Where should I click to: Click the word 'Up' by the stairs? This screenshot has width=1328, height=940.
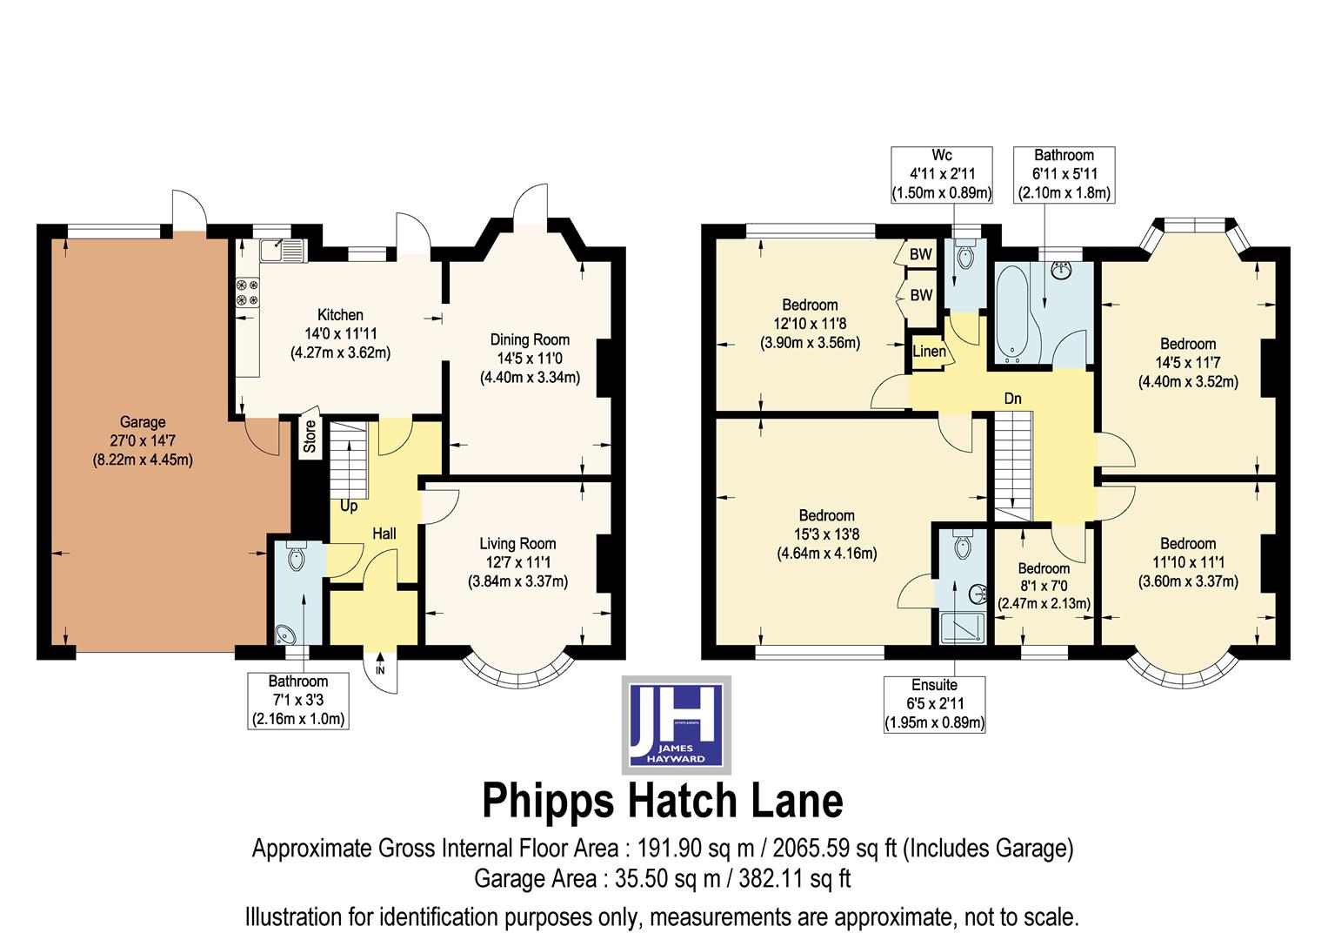[349, 506]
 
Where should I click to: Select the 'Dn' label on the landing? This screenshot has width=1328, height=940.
[1012, 399]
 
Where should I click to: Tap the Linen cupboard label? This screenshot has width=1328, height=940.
[929, 352]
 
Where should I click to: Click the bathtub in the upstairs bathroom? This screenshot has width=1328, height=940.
[1013, 313]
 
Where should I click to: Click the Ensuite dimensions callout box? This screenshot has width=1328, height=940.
[935, 703]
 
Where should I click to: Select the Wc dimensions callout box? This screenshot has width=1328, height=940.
[942, 175]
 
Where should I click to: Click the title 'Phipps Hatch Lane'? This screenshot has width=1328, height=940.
[663, 801]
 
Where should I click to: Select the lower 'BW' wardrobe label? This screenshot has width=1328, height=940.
[921, 295]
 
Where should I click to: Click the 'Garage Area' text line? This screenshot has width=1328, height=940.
[663, 879]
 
